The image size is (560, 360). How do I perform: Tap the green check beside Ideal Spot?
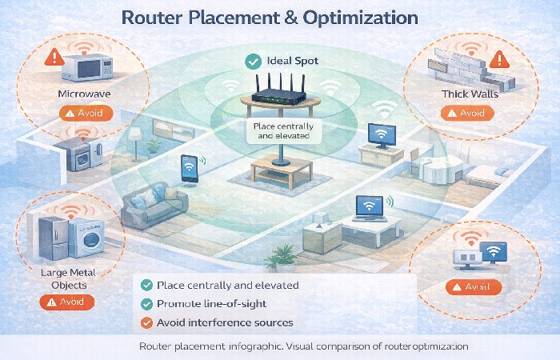[x=253, y=60]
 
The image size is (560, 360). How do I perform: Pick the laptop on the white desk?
[x=368, y=210]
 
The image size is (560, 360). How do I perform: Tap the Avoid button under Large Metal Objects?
[x=66, y=302]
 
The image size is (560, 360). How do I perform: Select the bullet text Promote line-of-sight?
[x=211, y=303]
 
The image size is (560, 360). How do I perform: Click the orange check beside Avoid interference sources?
[x=146, y=322]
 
